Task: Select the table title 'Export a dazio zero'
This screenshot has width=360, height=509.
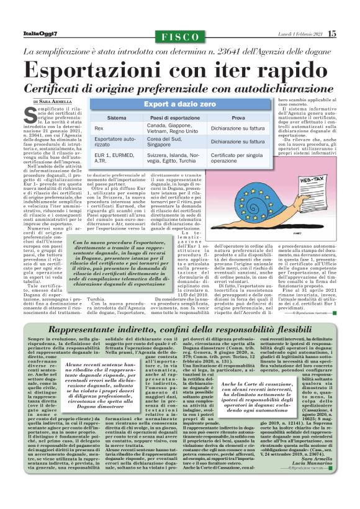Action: click(179, 105)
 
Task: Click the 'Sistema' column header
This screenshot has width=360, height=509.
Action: click(117, 117)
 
